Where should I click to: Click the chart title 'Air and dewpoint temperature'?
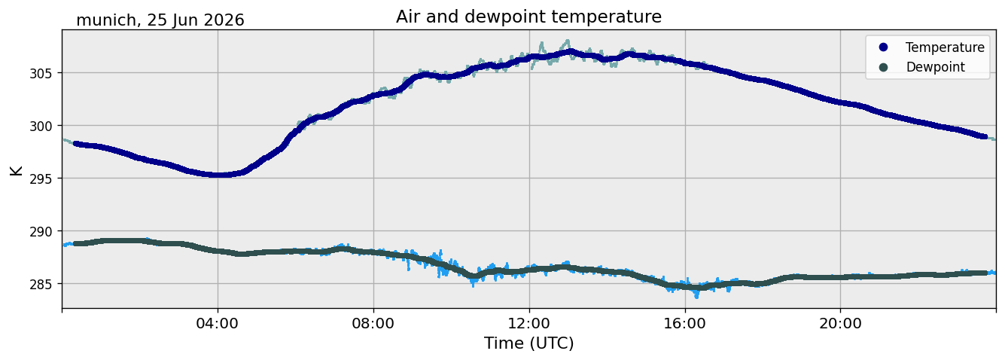coord(528,17)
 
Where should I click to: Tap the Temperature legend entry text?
coord(945,47)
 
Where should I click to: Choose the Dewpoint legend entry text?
coord(936,67)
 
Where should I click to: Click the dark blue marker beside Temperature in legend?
coord(883,47)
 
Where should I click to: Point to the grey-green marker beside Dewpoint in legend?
coord(883,67)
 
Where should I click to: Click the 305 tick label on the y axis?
coord(41,73)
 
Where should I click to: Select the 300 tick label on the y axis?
coord(41,126)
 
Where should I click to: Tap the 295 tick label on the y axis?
coord(41,178)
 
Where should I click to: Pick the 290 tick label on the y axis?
coord(41,232)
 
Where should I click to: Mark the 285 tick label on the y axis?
coord(41,284)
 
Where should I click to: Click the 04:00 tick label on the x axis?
coord(218,323)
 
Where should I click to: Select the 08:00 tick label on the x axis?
coord(373,323)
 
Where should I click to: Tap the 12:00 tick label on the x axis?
coord(529,323)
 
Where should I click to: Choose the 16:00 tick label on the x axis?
coord(684,323)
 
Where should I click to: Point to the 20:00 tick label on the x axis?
coord(840,323)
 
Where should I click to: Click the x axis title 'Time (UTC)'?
coord(528,343)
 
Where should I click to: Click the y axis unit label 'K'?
coord(16,170)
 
